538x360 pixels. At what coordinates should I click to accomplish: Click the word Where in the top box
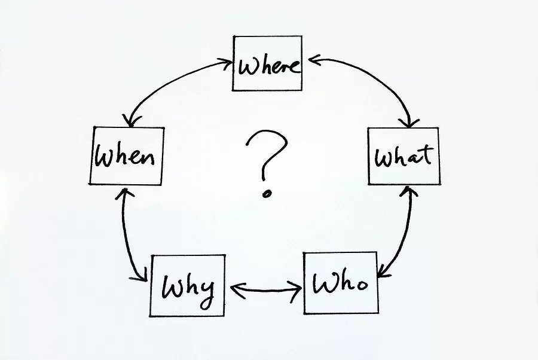pyautogui.click(x=268, y=64)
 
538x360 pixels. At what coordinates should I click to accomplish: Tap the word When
pyautogui.click(x=126, y=156)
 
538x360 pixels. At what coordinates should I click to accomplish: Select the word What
pyautogui.click(x=403, y=157)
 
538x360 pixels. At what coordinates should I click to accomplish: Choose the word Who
pyautogui.click(x=340, y=283)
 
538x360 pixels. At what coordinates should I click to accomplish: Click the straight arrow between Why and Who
pyautogui.click(x=265, y=291)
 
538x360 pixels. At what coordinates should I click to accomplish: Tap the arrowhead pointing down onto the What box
pyautogui.click(x=409, y=123)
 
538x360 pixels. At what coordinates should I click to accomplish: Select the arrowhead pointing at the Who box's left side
pyautogui.click(x=297, y=291)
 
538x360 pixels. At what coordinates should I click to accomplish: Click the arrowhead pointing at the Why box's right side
pyautogui.click(x=232, y=290)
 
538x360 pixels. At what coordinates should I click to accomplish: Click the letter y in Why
pyautogui.click(x=204, y=292)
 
